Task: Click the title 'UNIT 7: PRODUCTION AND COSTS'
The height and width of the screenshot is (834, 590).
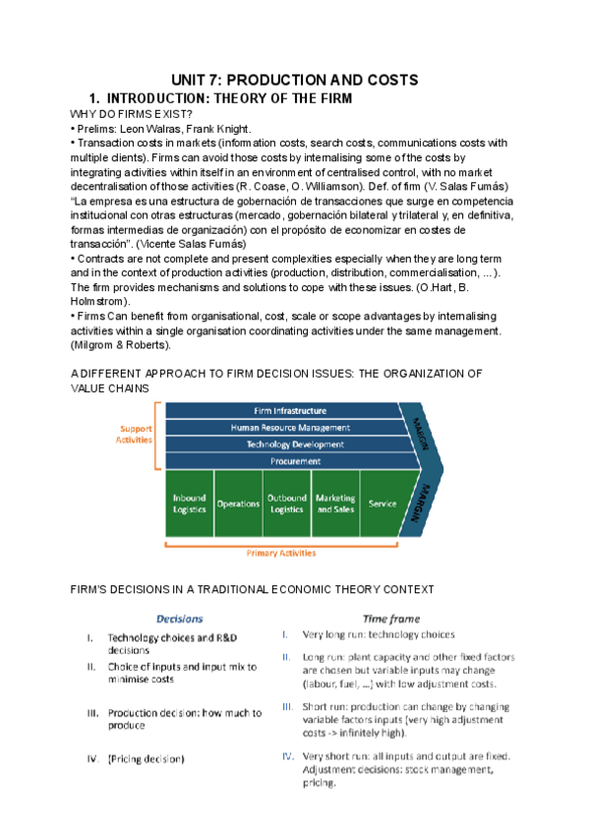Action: pos(295,79)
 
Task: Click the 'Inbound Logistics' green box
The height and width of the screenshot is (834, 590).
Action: pos(189,504)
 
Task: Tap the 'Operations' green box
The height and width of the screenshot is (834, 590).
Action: pos(238,504)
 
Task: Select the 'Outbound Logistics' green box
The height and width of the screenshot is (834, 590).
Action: pos(287,504)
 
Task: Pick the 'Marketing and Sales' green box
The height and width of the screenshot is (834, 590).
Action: pos(335,504)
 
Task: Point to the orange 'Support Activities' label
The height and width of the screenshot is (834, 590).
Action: pos(136,435)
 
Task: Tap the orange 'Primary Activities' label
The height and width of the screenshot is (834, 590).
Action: pos(281,553)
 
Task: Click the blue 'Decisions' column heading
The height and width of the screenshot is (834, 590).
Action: pos(181,619)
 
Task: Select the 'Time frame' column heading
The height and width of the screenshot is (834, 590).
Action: pos(391,619)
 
